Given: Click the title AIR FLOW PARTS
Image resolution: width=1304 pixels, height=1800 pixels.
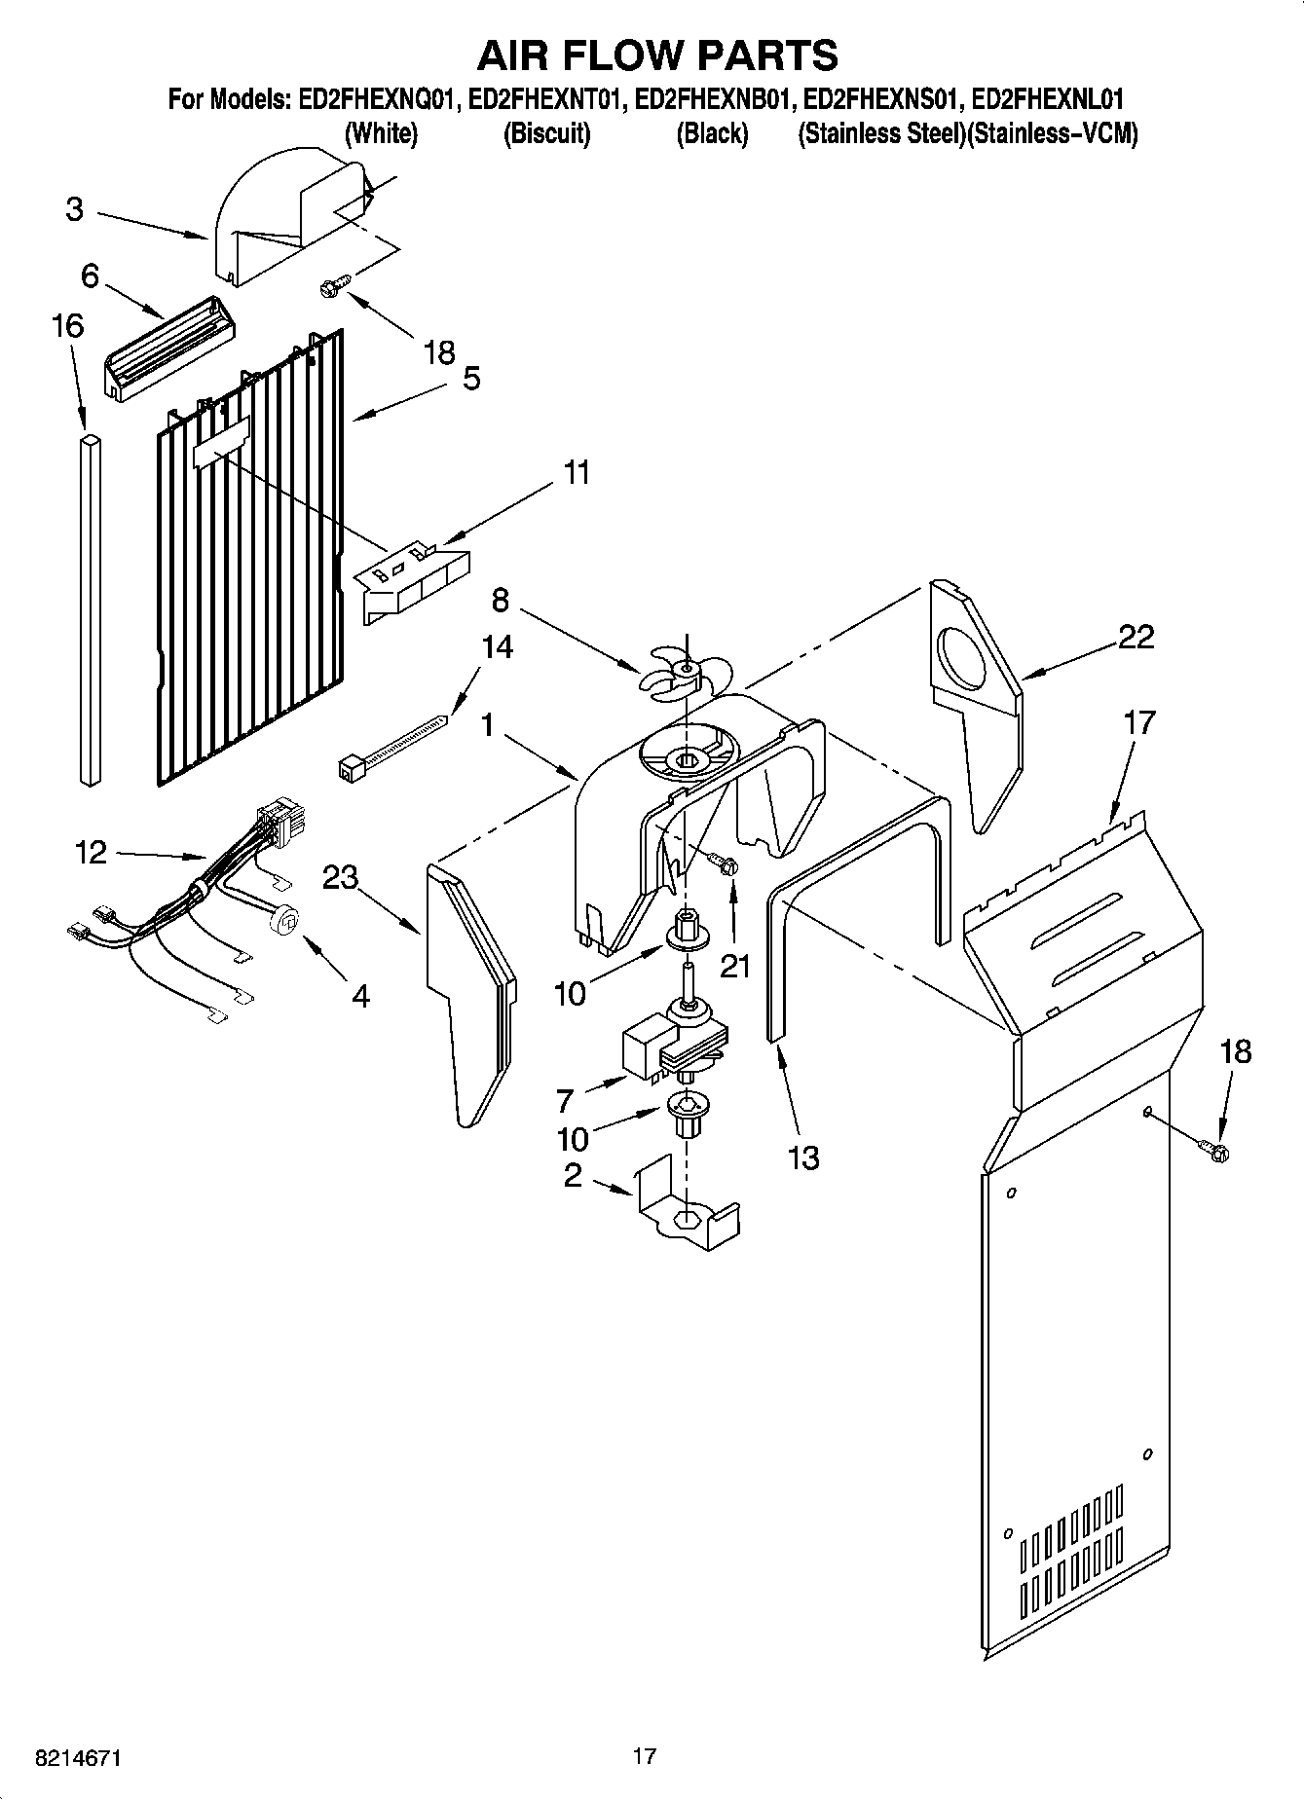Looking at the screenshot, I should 656,55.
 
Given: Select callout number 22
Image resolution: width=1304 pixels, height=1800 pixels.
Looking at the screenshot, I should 1136,638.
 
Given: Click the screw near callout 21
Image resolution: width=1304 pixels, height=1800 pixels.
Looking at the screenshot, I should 725,863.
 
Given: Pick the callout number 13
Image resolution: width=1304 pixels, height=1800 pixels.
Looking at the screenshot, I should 803,1157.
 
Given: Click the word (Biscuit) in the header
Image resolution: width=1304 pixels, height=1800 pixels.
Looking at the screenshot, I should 546,134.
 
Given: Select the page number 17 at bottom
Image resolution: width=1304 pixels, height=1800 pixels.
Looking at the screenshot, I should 644,1756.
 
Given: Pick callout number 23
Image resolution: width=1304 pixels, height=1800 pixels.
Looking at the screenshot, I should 341,878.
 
